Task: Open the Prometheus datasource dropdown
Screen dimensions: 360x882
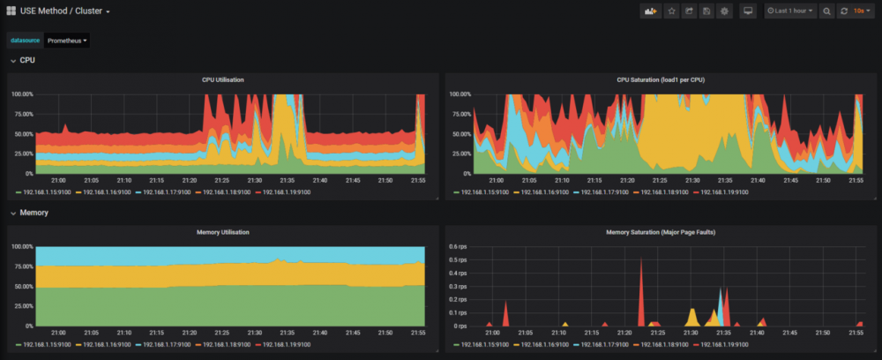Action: (x=67, y=41)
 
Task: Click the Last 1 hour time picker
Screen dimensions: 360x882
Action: (x=790, y=11)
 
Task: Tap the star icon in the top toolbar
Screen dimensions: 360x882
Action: (x=671, y=11)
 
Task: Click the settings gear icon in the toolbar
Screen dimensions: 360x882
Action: (x=724, y=11)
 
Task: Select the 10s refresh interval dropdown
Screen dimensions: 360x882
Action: (x=858, y=11)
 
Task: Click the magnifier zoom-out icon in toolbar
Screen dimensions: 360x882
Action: (x=826, y=11)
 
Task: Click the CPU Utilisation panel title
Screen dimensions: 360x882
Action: (x=222, y=79)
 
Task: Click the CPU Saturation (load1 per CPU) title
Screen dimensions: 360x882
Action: (x=660, y=79)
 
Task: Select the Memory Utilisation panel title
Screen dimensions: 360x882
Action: (x=222, y=232)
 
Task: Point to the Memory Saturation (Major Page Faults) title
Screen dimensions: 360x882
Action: (x=660, y=232)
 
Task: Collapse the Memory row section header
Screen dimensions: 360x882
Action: (x=34, y=213)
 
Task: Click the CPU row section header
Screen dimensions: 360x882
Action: (x=27, y=60)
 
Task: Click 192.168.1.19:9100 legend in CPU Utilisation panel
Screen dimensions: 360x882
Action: (x=286, y=191)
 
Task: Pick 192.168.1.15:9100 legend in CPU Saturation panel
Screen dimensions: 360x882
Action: (x=482, y=191)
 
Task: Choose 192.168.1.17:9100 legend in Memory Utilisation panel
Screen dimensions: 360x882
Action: (x=167, y=344)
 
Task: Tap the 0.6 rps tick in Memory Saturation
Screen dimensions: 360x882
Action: (x=460, y=246)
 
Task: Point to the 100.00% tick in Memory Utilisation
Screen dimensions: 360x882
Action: (x=23, y=246)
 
